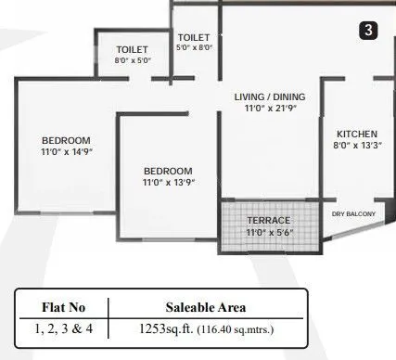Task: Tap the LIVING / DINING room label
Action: pos(269,97)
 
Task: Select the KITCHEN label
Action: pos(356,133)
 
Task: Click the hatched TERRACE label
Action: pos(269,220)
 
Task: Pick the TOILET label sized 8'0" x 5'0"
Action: pos(134,49)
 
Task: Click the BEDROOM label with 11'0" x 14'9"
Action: pos(66,141)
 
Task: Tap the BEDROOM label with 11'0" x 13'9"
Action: pos(168,172)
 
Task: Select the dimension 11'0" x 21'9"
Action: pos(269,109)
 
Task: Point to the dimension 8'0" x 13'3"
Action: pos(356,145)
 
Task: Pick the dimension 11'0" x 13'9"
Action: pos(168,183)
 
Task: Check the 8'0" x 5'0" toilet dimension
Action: pos(134,60)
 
